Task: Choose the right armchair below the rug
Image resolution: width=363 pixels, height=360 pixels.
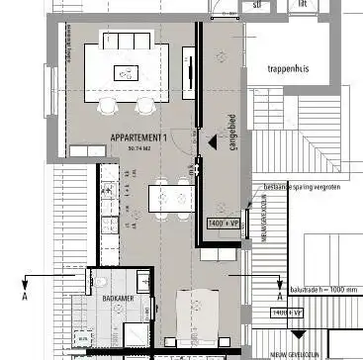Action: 145,105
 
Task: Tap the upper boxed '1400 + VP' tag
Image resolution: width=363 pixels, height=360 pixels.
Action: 225,225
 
